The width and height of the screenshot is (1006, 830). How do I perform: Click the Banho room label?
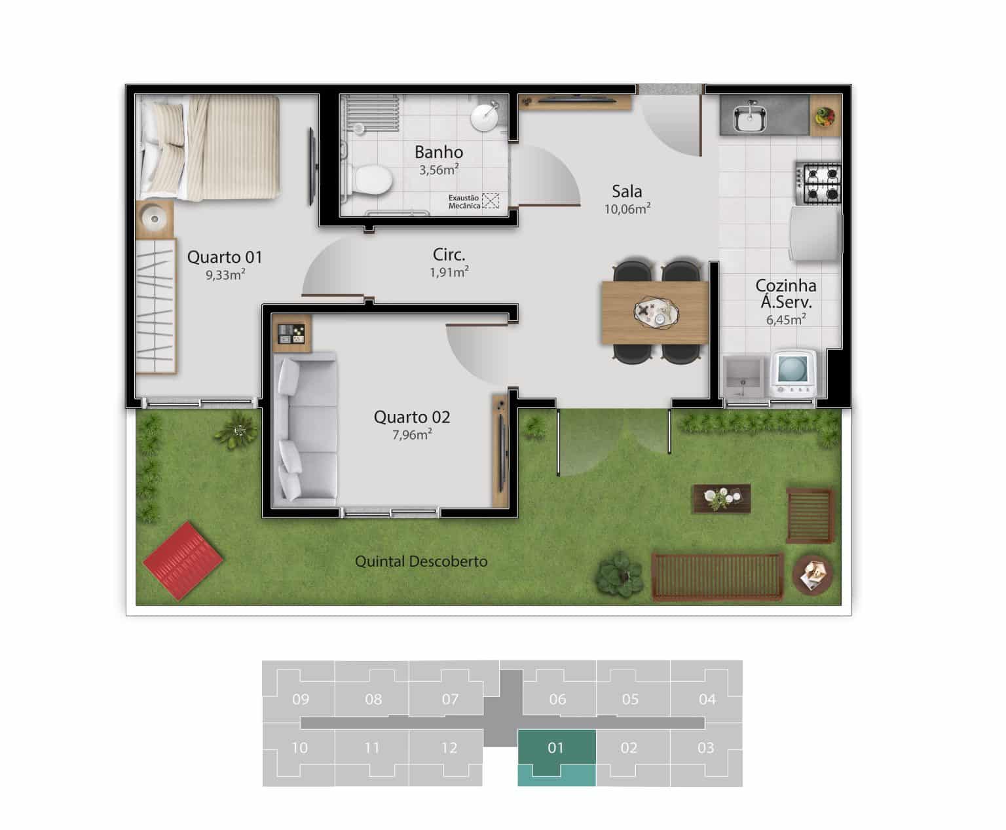click(x=438, y=152)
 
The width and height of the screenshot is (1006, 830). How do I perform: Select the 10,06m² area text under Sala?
click(x=627, y=209)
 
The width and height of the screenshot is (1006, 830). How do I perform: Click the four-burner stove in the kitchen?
click(x=819, y=183)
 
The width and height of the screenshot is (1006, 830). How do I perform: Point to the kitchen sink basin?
click(x=749, y=118)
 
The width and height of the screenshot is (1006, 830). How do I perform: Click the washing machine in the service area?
click(x=793, y=373)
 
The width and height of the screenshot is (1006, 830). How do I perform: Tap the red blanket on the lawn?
click(x=183, y=561)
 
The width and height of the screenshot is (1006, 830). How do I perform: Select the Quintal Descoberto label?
click(x=421, y=561)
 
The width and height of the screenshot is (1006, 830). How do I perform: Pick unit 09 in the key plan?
click(x=300, y=699)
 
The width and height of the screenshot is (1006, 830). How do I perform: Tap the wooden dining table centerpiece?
click(x=656, y=312)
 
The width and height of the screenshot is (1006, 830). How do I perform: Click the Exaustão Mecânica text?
click(x=464, y=202)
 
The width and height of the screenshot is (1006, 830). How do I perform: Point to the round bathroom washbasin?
click(x=485, y=117)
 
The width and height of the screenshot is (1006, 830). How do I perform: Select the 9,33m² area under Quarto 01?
click(x=225, y=274)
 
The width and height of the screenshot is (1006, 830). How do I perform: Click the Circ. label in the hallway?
click(x=449, y=254)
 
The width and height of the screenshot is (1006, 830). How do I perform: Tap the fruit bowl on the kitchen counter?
click(x=825, y=117)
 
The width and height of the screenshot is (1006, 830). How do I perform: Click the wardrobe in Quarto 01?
click(x=156, y=306)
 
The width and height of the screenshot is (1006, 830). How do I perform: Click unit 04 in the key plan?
click(x=707, y=699)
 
